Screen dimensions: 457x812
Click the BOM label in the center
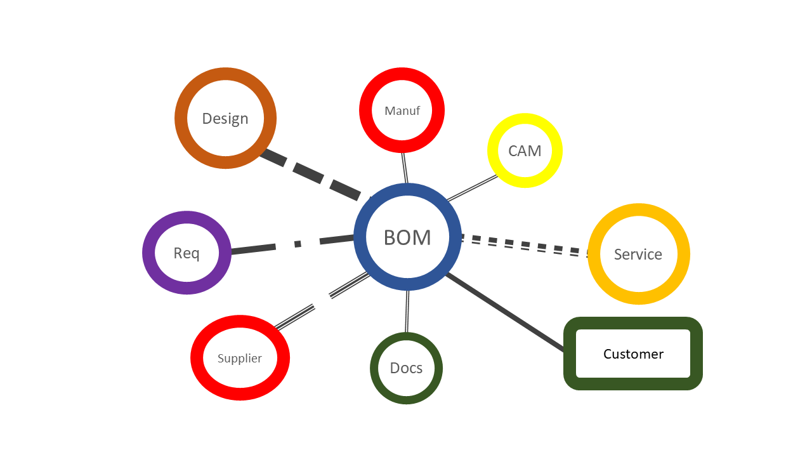tap(407, 237)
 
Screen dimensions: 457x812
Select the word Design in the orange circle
tap(225, 119)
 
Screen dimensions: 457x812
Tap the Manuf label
tap(402, 110)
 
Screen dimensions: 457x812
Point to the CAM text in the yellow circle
tap(525, 151)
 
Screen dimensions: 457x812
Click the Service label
tap(638, 255)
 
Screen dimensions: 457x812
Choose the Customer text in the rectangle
tap(633, 354)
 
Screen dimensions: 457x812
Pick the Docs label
tap(406, 368)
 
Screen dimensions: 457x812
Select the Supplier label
tap(240, 358)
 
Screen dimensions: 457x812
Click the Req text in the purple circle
tap(187, 253)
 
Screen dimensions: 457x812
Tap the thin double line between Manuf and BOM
tap(404, 168)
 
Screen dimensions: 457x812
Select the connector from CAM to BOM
tap(473, 188)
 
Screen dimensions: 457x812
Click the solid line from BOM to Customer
tap(504, 312)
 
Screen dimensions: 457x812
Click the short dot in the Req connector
tap(298, 243)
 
